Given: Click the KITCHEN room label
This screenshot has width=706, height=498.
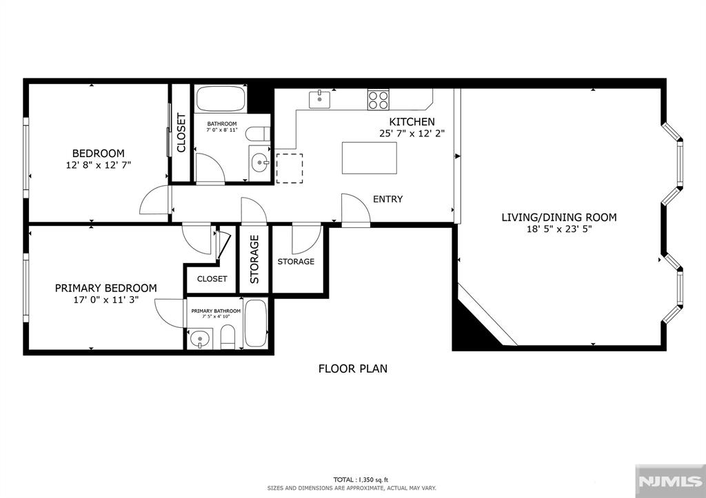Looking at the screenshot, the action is click(412, 121).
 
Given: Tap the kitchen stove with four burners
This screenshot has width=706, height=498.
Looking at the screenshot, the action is click(379, 100).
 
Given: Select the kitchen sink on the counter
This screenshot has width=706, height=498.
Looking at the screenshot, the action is click(319, 99).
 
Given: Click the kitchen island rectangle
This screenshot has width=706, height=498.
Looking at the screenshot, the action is click(370, 158).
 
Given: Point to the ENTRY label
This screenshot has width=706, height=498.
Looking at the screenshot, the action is click(387, 199).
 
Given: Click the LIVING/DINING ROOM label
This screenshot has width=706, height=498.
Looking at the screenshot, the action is click(559, 217).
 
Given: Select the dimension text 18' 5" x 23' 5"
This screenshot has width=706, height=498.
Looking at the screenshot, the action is click(559, 229).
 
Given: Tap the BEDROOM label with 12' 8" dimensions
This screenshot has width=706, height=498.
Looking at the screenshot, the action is click(98, 154).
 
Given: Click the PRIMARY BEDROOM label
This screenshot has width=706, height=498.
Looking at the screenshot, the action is click(105, 288).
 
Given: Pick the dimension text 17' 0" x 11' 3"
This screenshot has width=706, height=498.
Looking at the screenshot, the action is click(105, 300).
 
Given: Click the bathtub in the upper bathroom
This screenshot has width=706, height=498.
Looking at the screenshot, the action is click(221, 98).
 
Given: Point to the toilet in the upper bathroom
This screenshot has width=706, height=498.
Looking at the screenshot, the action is click(259, 134).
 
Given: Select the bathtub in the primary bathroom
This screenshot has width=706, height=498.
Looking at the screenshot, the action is click(256, 323).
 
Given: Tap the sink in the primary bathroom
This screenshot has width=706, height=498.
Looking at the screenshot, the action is click(200, 339).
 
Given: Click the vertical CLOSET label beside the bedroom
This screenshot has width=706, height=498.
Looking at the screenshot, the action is click(181, 133).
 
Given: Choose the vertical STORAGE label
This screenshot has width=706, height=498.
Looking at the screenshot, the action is click(254, 259).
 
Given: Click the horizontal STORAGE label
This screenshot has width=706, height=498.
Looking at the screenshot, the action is click(296, 261).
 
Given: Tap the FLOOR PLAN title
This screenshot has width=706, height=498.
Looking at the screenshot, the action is click(352, 369).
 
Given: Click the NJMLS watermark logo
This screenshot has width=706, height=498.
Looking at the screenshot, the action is click(670, 481).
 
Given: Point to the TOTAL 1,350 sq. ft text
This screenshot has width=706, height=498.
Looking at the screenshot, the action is click(360, 479).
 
